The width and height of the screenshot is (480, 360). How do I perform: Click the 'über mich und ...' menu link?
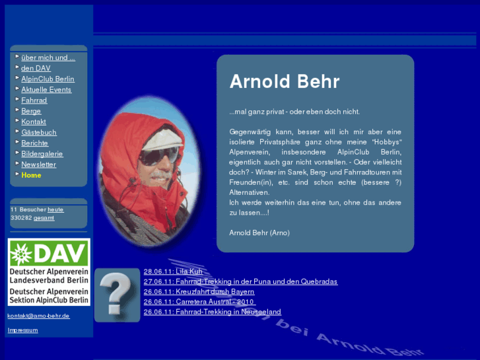coord(48,57)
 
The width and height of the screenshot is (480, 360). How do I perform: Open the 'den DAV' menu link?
coord(36,68)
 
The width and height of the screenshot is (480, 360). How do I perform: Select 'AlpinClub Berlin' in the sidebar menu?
coord(48,79)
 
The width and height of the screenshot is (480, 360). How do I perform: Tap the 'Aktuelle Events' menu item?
coord(46,89)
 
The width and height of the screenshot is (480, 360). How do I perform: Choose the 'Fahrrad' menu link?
coord(34,100)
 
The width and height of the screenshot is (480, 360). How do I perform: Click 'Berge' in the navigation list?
coord(31,111)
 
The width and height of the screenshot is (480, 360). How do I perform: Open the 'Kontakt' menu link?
coord(34,122)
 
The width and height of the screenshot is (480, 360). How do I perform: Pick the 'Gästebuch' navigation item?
coord(39,132)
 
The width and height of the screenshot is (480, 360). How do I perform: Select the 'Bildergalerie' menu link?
coord(42,154)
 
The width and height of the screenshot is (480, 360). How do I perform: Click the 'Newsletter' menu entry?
coord(38,164)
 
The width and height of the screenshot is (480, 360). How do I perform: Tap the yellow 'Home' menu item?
coord(31,175)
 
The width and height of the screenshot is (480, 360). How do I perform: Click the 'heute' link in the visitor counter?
coord(55,209)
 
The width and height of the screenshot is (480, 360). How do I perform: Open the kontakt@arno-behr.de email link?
coord(38,316)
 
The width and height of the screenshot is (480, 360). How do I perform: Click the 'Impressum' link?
coord(22,330)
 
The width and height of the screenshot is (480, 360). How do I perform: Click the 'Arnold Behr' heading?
coord(284,81)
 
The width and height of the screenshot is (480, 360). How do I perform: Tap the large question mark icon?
coord(118,295)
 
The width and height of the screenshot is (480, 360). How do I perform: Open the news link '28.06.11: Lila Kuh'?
coord(173,271)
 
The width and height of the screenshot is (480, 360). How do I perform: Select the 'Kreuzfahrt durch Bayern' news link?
coord(199,291)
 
